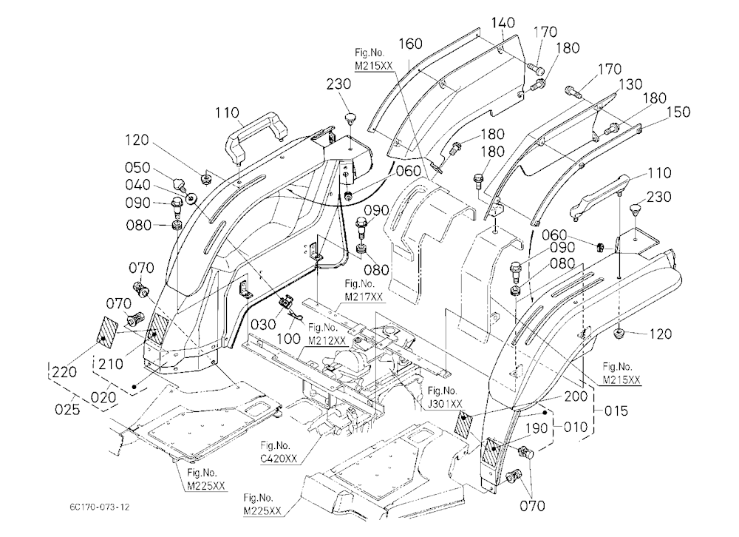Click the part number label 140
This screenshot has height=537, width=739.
point(503,22)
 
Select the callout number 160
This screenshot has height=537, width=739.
point(410,44)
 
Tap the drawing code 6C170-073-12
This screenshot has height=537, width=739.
point(100,507)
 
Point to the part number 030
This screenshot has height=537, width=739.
point(263,324)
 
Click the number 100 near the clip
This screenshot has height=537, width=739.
point(288,338)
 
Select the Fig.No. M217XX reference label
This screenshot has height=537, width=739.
point(364,290)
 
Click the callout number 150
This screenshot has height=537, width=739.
point(678,112)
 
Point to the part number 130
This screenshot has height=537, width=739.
point(630,84)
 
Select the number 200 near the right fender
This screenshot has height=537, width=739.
point(576,396)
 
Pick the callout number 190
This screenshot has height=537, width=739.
point(537,428)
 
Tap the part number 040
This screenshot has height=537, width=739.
point(137,184)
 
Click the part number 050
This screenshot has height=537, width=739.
point(137,167)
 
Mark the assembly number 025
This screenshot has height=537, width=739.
point(67,409)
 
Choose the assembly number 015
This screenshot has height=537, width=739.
point(616,411)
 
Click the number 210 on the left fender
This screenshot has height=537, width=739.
point(112,364)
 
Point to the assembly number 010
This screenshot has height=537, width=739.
point(576,427)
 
